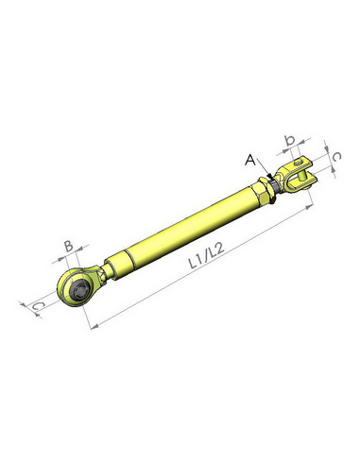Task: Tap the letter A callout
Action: tap(250, 160)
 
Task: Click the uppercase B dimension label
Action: tap(67, 247)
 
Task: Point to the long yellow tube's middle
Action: tap(184, 232)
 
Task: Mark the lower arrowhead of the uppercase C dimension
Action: tap(41, 314)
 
